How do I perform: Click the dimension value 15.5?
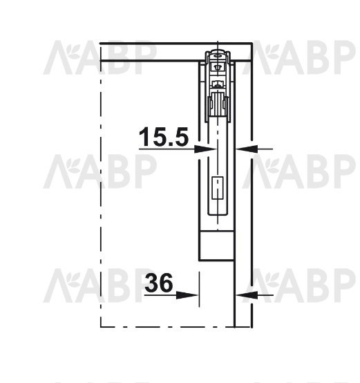[x=164, y=137]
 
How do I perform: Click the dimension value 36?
[x=159, y=283]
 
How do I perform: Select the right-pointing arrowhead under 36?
[x=187, y=295]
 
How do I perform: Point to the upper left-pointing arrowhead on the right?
[x=247, y=149]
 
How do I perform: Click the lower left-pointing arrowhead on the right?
[x=247, y=295]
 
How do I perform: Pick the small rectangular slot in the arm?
[x=218, y=187]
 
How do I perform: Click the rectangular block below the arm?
[x=216, y=245]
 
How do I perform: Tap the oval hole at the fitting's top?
[x=217, y=56]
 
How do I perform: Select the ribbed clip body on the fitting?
[x=218, y=103]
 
